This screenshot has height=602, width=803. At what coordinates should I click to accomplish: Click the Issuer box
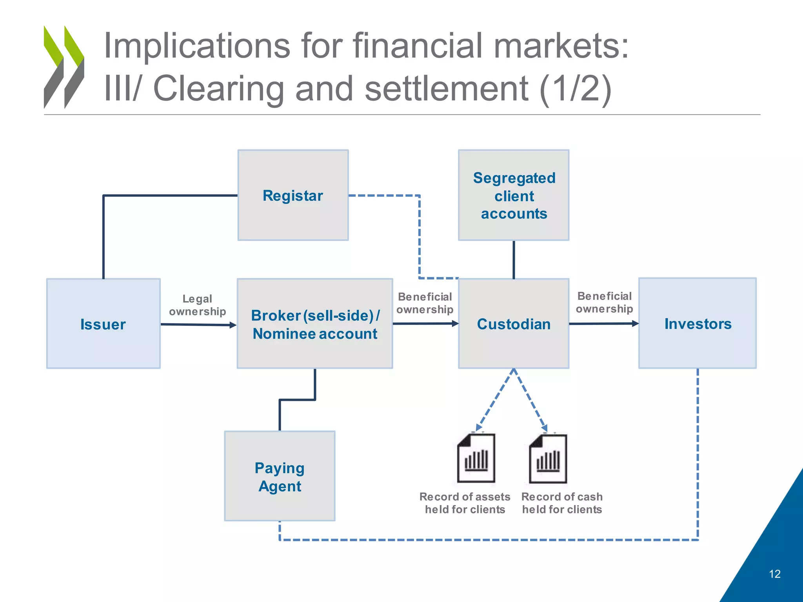point(103,324)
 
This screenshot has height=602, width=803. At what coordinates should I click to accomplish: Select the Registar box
point(293,195)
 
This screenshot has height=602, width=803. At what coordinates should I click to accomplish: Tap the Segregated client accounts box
point(514,195)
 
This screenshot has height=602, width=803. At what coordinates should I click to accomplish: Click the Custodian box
point(514,324)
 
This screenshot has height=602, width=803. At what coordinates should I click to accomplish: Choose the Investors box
point(698,324)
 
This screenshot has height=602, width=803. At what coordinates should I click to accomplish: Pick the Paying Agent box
point(280,476)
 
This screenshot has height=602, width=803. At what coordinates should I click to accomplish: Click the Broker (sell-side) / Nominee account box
point(315,324)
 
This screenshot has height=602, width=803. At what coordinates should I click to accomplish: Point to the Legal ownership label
point(197,305)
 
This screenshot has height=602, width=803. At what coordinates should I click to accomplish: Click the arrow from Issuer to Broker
point(198,325)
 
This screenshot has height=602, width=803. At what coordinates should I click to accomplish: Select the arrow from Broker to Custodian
point(425,324)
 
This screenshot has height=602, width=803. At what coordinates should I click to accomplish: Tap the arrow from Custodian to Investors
point(604,324)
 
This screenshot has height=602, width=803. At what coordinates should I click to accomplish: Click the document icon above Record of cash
point(548,459)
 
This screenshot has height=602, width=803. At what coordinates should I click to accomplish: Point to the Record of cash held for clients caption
point(562,503)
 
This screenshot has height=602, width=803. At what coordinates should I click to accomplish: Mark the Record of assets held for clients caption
point(465,503)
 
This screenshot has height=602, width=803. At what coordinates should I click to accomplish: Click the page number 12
point(774,574)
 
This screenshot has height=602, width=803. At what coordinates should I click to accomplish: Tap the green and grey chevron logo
point(64,67)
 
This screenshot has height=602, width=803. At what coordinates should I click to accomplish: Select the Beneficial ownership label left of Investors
point(604,302)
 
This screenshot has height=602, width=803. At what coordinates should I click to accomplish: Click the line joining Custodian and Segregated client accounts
point(514,259)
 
